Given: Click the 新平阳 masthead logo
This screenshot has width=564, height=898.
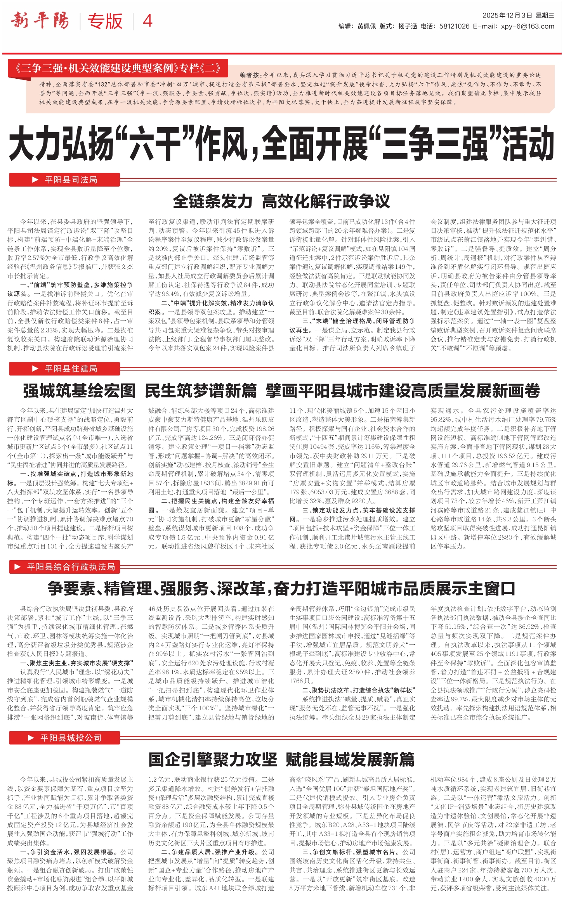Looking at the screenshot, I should pyautogui.click(x=40, y=21).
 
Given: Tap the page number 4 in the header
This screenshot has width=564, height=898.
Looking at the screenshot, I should pyautogui.click(x=148, y=21).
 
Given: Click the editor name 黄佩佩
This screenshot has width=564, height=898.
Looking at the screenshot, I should pyautogui.click(x=366, y=26).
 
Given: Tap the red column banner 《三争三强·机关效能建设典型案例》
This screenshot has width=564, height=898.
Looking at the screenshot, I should pyautogui.click(x=118, y=69).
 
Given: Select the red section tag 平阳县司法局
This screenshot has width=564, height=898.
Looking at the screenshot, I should pyautogui.click(x=64, y=180).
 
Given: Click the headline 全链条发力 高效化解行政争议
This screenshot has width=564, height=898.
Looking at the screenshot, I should pyautogui.click(x=281, y=201).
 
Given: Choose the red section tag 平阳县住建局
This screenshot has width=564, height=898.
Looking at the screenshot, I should pyautogui.click(x=64, y=369).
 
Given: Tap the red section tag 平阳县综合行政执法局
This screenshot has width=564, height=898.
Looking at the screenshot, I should pyautogui.click(x=64, y=567).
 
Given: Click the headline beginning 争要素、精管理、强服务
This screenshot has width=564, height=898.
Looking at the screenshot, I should pyautogui.click(x=281, y=588).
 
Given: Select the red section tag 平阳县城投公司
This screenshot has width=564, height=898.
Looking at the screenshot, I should pyautogui.click(x=64, y=737).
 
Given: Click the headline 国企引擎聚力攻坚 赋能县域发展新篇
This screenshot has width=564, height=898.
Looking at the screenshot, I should pyautogui.click(x=281, y=759).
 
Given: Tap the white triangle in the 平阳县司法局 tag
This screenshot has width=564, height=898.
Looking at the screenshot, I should pyautogui.click(x=35, y=180).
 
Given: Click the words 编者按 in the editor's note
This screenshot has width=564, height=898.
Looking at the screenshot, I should pyautogui.click(x=251, y=75).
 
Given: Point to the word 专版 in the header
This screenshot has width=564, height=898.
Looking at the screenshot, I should pyautogui.click(x=105, y=21).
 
